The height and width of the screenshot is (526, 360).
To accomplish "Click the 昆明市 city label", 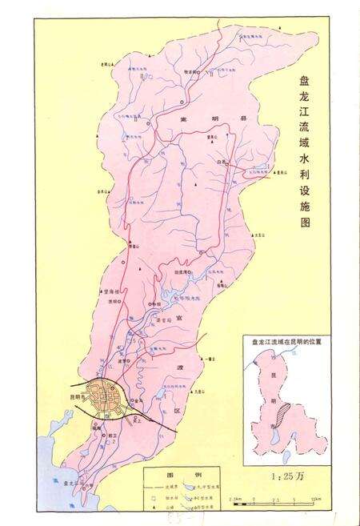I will (77, 397).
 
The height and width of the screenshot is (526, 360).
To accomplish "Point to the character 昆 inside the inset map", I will (281, 376).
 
